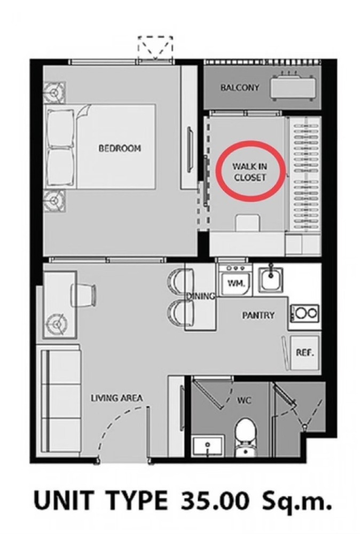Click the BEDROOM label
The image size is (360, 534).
[120, 148]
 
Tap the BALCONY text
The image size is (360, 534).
[239, 88]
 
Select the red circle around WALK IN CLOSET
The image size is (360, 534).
[252, 169]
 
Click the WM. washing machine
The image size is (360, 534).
[235, 281]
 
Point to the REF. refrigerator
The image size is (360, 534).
[304, 353]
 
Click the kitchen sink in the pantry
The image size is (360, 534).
[271, 278]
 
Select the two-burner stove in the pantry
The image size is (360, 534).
[304, 313]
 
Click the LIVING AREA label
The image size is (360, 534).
[116, 398]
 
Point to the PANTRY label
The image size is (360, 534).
[258, 316]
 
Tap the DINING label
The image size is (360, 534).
[201, 296]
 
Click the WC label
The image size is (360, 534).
[244, 400]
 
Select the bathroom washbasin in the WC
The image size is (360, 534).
[208, 445]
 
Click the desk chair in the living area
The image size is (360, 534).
[83, 295]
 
